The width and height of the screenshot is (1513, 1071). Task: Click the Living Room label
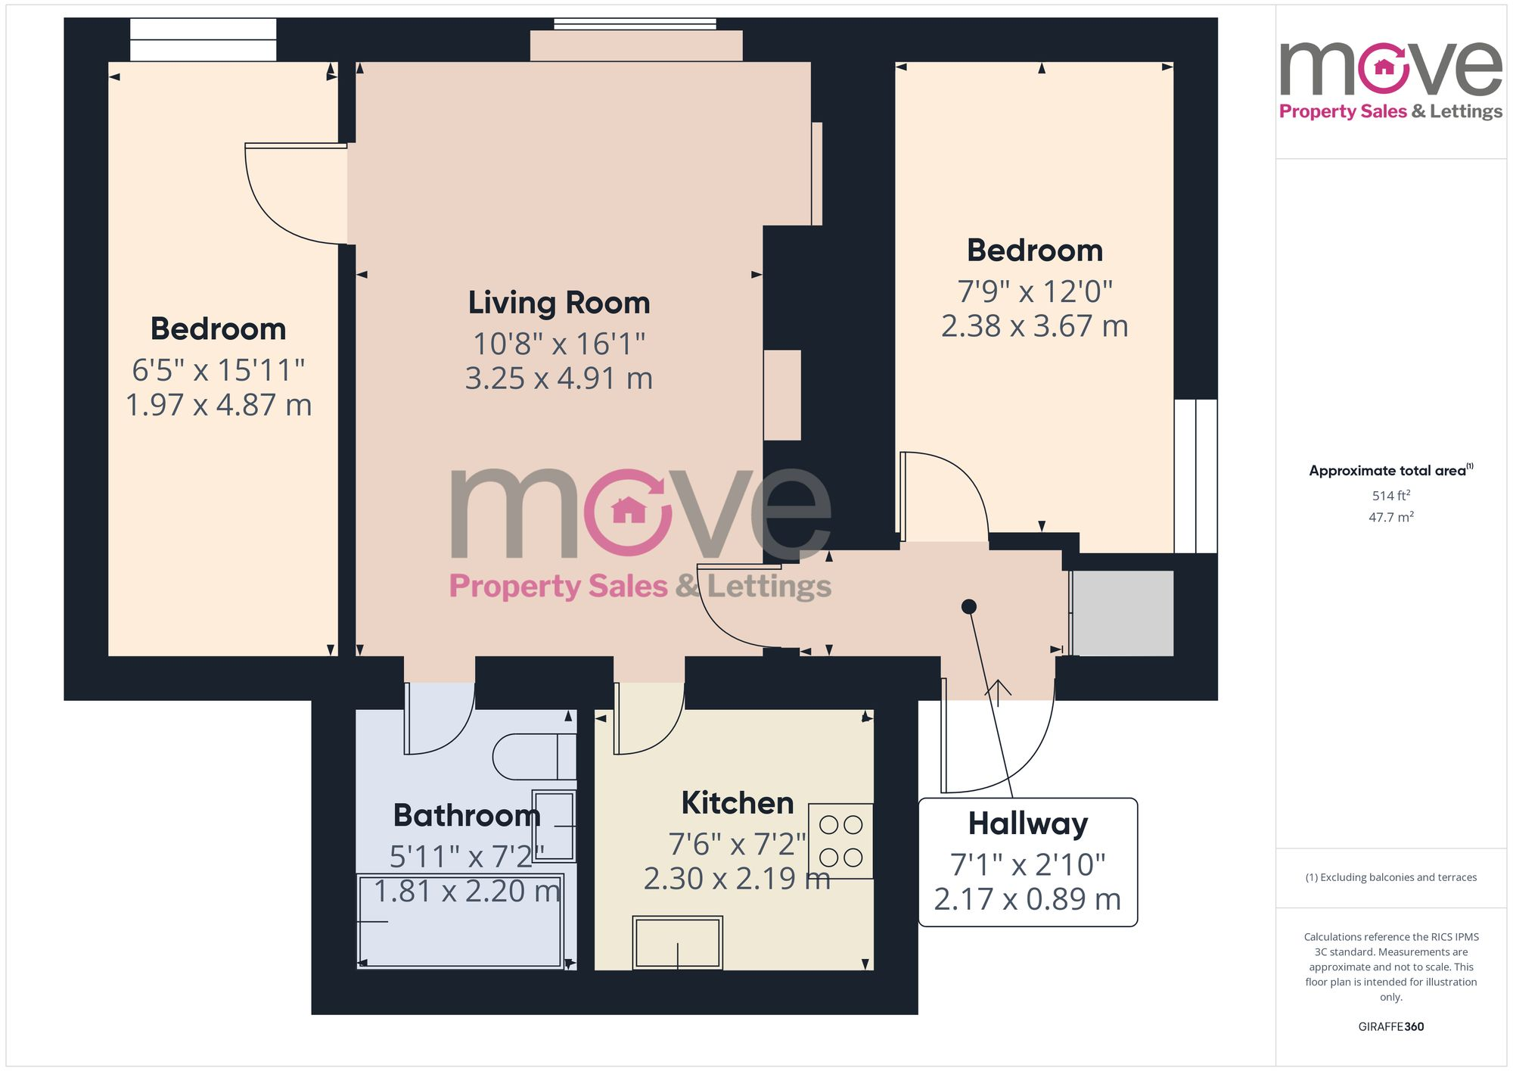point(559,303)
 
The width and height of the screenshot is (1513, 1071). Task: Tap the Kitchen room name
point(737,803)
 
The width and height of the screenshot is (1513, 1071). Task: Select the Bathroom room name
point(467,815)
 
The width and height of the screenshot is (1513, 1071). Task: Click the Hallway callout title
point(1027,823)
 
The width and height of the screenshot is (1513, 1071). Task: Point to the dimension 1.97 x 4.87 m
point(219,405)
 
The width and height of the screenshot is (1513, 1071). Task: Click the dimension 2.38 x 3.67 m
point(1034,326)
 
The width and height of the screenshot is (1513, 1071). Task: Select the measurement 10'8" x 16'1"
point(559,344)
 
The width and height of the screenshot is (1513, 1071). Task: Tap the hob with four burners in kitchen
point(841,841)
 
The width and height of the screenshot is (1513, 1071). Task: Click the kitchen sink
point(677,942)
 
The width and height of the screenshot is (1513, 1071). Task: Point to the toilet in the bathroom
point(533,756)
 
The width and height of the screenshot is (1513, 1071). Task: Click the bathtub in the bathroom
point(460,921)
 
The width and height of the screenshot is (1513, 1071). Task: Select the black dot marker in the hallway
point(968,606)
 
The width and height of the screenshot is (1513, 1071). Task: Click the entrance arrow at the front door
point(998,692)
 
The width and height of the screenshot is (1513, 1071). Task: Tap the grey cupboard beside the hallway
point(1123,613)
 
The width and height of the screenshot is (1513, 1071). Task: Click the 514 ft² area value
point(1390,496)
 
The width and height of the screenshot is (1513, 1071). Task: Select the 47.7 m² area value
point(1390,517)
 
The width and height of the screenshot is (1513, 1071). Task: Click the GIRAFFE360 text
point(1390,1026)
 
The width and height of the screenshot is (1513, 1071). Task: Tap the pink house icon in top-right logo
point(1384,67)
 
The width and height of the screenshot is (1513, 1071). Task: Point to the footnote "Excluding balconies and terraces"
point(1390,877)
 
